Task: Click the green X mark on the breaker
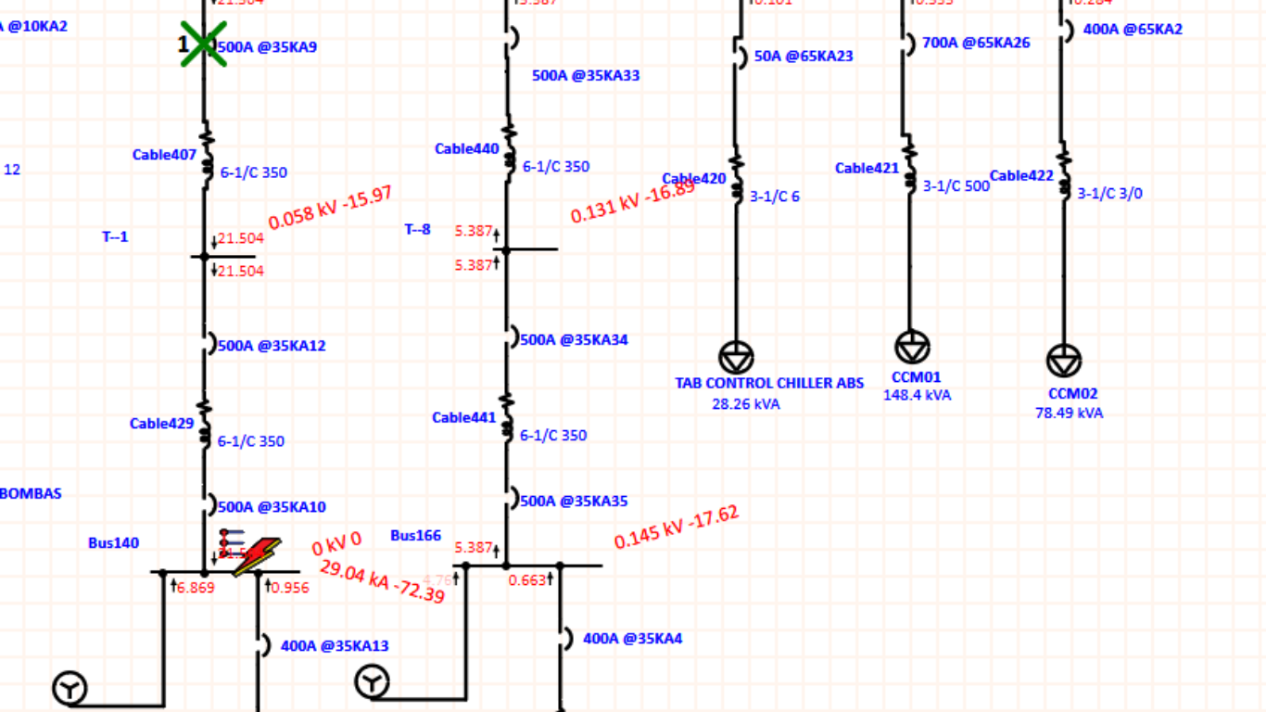(203, 44)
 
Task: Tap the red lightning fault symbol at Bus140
(256, 556)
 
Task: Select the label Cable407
(164, 155)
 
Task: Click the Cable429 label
(161, 424)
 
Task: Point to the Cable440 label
(466, 148)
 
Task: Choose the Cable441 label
(463, 417)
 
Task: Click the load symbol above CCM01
(912, 347)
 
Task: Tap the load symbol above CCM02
(1064, 361)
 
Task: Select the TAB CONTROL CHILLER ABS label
(769, 383)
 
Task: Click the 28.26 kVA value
(746, 403)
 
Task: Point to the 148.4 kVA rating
(917, 395)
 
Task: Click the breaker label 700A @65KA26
(976, 42)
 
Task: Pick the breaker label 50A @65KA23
(804, 56)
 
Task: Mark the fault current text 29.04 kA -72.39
(382, 581)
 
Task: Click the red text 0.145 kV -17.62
(677, 528)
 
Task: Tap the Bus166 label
(415, 535)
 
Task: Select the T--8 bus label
(417, 229)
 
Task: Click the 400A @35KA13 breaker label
(335, 646)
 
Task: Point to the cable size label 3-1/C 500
(956, 185)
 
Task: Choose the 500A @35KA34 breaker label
(574, 339)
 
